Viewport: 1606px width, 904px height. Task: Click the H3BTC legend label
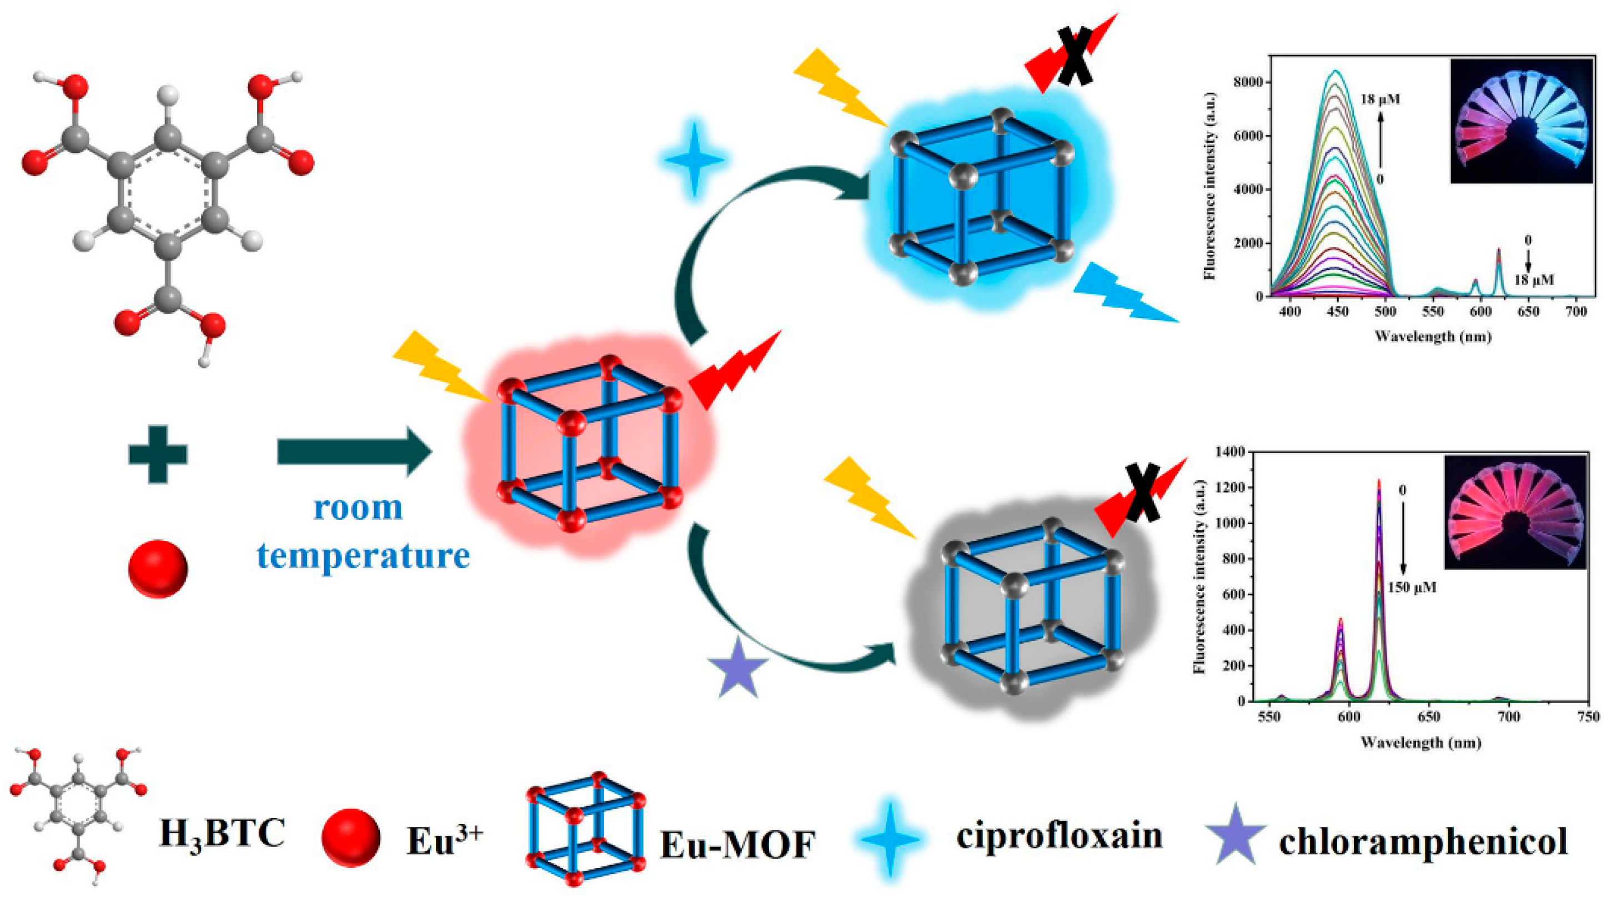click(x=222, y=834)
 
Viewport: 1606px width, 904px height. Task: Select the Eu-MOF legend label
click(x=737, y=845)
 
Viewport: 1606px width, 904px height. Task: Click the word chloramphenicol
click(x=1423, y=842)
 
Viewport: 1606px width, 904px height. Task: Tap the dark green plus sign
click(x=158, y=454)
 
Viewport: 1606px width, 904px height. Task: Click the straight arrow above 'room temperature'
click(x=354, y=451)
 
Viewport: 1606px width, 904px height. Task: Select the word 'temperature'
click(x=364, y=555)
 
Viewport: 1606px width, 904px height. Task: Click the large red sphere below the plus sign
click(x=158, y=569)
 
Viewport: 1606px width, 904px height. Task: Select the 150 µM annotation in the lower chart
click(x=1412, y=587)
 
